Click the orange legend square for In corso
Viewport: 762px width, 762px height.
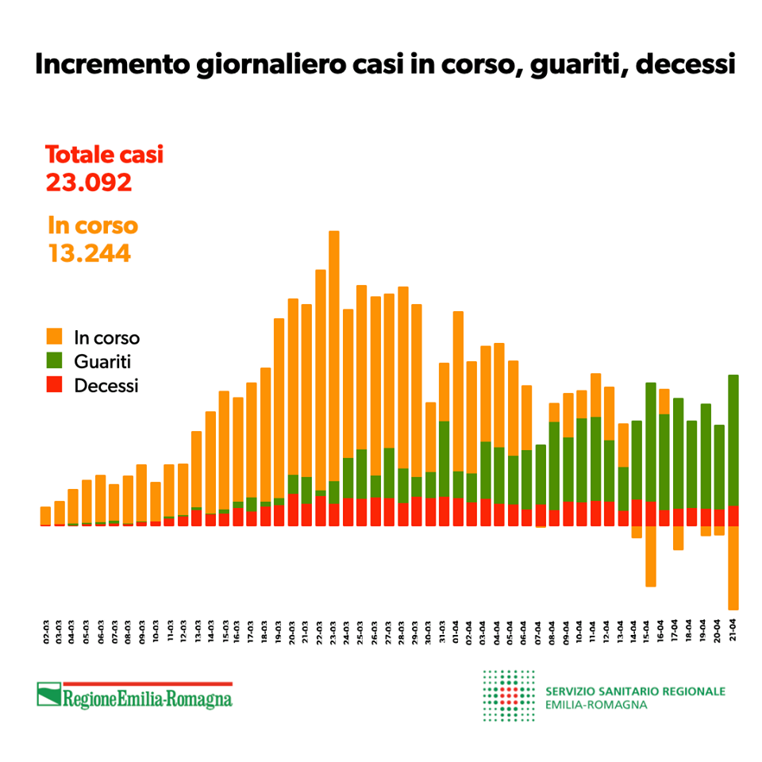coord(55,337)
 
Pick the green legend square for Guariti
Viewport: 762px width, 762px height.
coord(55,361)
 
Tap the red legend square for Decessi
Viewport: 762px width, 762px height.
coord(55,386)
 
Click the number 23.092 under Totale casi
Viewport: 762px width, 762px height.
coord(88,183)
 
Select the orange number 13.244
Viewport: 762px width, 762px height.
coord(89,253)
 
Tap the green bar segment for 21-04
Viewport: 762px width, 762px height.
coord(733,440)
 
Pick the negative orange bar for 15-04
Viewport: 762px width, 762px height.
coord(651,556)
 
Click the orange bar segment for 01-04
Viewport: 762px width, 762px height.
coord(458,389)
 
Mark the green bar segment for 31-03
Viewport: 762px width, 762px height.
coord(444,458)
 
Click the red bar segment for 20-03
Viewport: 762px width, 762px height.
coord(293,510)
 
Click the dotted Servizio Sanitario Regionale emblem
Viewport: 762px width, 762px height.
coord(509,695)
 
